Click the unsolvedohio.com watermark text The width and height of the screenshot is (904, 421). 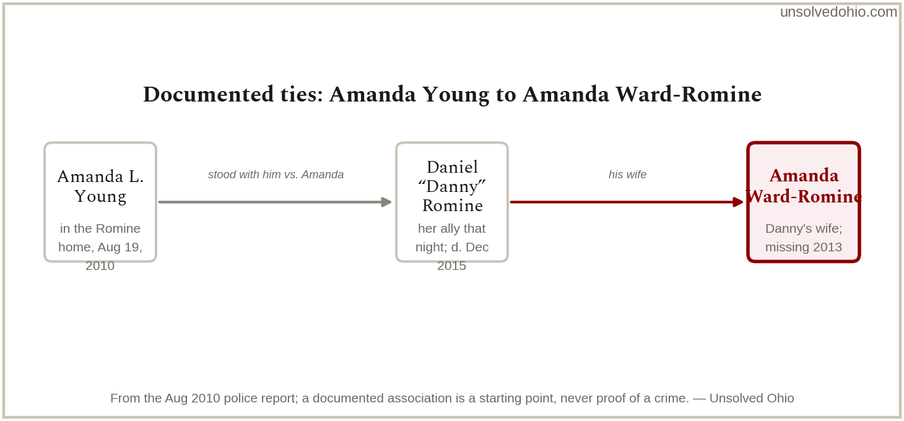[x=838, y=12]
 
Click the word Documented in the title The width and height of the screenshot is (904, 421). [x=208, y=95]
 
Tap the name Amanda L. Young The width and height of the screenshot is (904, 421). [x=100, y=186]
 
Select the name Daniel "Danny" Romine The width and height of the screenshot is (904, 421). [x=452, y=186]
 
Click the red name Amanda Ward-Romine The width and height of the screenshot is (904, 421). [x=804, y=186]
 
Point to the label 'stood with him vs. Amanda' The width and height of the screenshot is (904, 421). [x=276, y=175]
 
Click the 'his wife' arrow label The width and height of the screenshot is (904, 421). [x=628, y=175]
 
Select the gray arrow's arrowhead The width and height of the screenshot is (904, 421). [x=386, y=202]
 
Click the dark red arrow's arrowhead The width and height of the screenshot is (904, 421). [x=737, y=202]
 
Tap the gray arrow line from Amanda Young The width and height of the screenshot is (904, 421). [x=275, y=202]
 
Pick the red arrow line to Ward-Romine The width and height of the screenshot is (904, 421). [x=627, y=202]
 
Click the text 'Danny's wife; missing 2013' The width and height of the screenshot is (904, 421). [x=804, y=238]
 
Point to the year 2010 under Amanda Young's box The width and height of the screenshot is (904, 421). [x=100, y=266]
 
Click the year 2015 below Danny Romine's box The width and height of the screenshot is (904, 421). [x=451, y=266]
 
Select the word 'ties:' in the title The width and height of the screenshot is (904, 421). [x=301, y=95]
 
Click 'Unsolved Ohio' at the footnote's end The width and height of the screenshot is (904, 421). [x=752, y=398]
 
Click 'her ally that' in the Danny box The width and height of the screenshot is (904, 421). [x=451, y=228]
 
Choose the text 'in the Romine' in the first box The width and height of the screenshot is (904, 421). [x=100, y=228]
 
